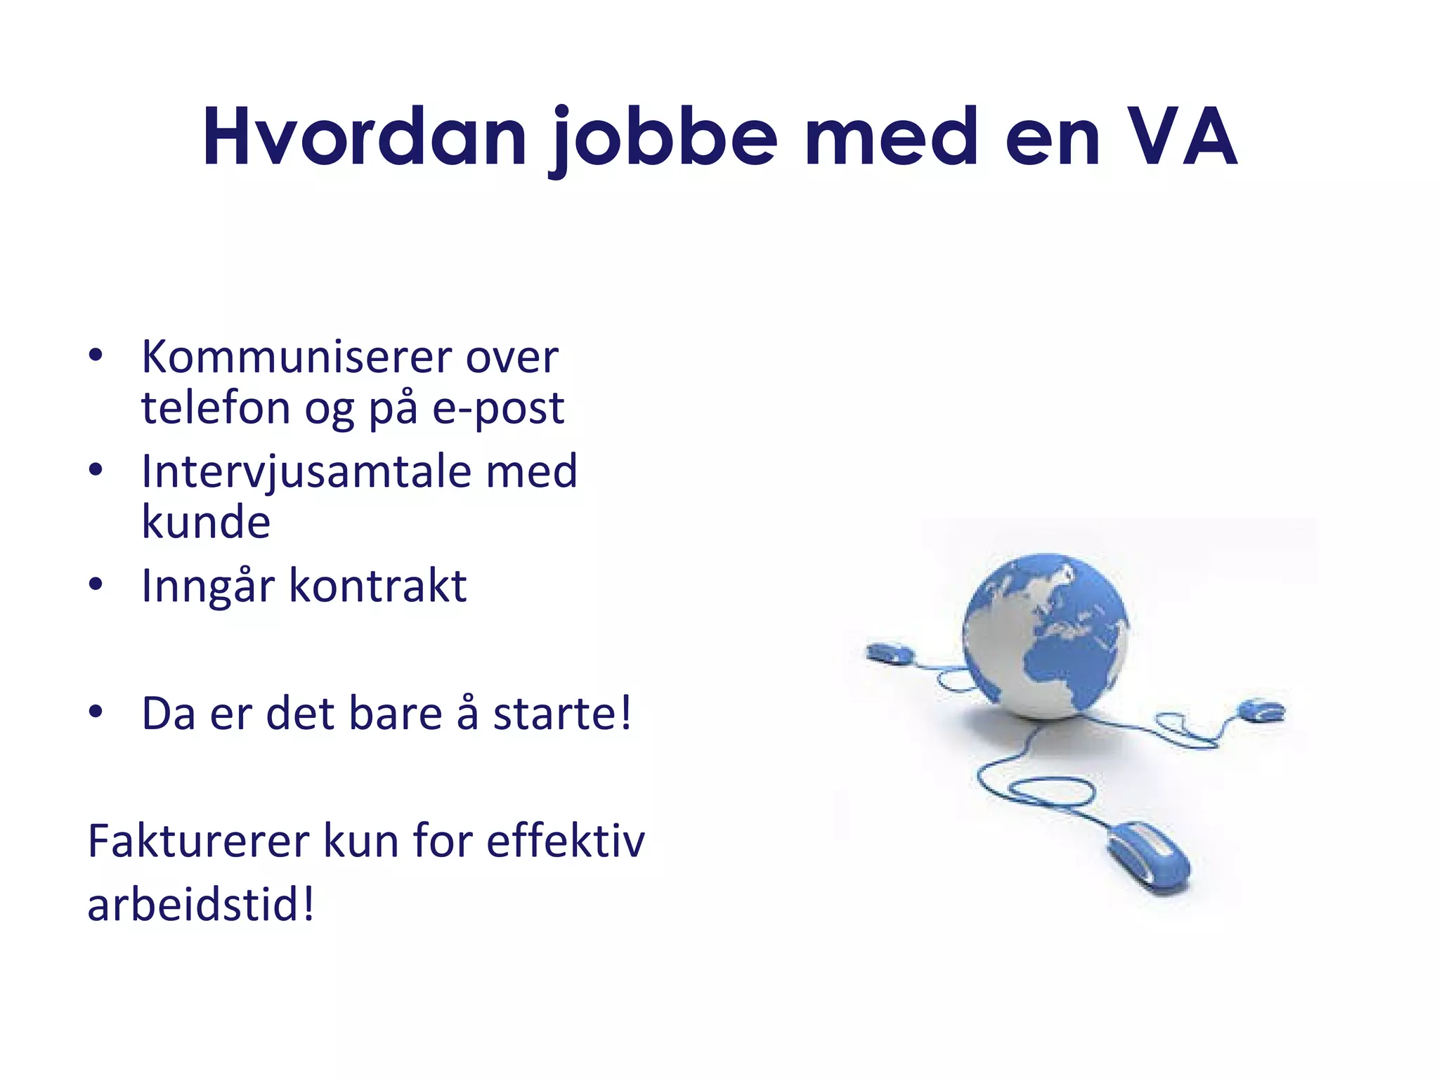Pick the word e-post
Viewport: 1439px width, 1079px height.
tap(497, 409)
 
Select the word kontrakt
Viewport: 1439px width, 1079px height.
tap(378, 585)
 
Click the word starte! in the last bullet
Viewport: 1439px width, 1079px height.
tap(562, 714)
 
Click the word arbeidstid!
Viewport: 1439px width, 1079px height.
tap(201, 904)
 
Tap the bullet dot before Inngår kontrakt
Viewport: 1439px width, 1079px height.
tap(96, 584)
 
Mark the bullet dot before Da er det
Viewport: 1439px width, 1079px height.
tap(96, 712)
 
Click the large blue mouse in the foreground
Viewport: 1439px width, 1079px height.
tap(1148, 857)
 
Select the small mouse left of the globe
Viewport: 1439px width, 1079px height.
tap(890, 653)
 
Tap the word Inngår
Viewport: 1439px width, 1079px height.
tap(207, 587)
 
